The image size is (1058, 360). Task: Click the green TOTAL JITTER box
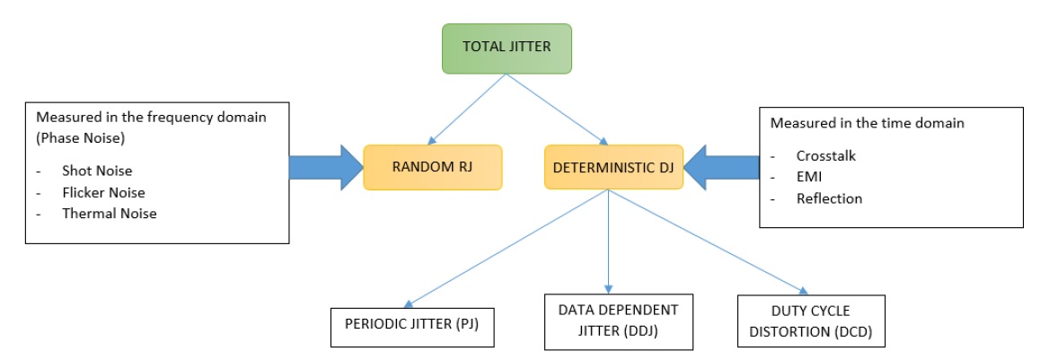tap(507, 48)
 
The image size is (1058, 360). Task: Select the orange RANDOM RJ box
tap(432, 166)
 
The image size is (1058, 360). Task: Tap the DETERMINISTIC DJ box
tap(613, 166)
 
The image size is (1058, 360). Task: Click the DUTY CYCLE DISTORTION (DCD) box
tap(809, 320)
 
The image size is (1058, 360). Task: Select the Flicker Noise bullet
tap(103, 192)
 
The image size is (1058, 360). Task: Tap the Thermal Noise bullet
tap(109, 214)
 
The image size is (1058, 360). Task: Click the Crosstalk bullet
tap(826, 155)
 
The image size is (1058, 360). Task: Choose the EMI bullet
tap(809, 177)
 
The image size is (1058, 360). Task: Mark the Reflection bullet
tap(829, 198)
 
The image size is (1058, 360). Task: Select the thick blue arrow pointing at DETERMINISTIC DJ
tap(720, 166)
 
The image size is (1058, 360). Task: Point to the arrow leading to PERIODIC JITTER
tap(507, 248)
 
